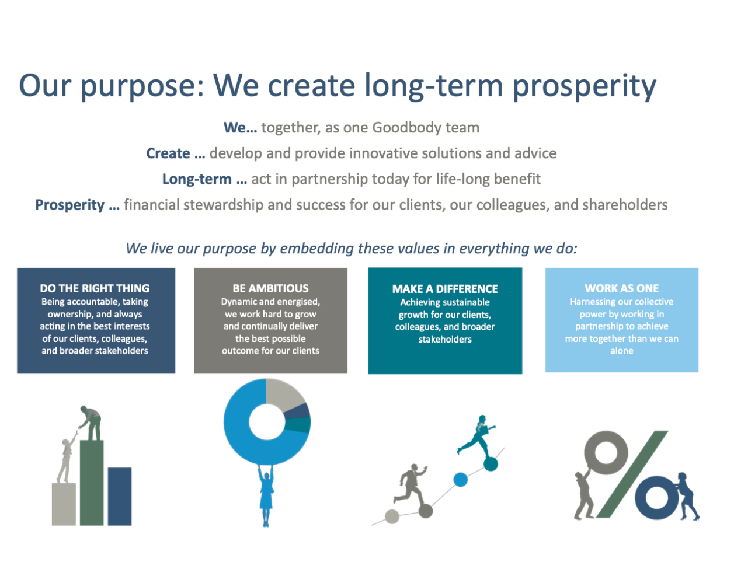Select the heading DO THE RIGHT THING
click(95, 288)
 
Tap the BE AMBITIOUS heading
click(270, 288)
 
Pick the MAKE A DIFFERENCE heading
click(445, 289)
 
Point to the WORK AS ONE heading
click(621, 288)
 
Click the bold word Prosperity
click(69, 205)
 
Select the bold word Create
click(168, 153)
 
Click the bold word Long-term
click(197, 179)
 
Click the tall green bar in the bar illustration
click(92, 483)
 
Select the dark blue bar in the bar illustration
click(120, 497)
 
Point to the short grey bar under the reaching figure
click(64, 504)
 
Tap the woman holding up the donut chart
click(266, 496)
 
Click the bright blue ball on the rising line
click(461, 480)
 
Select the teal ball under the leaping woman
click(491, 464)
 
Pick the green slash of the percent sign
click(632, 474)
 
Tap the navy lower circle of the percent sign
click(641, 498)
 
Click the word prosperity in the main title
click(585, 86)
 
